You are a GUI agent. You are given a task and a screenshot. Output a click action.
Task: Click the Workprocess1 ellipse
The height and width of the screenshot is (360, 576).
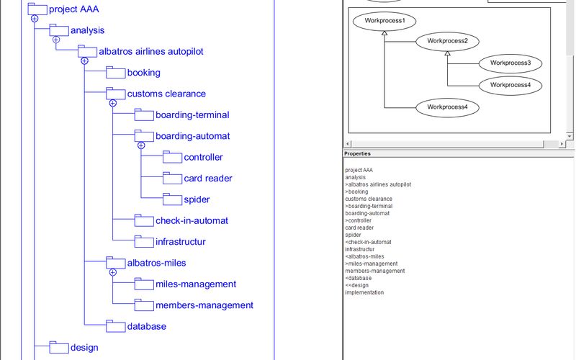tap(384, 21)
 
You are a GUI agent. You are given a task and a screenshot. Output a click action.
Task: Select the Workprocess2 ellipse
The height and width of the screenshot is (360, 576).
tap(447, 41)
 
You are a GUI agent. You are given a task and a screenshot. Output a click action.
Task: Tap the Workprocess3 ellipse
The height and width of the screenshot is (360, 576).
tap(510, 63)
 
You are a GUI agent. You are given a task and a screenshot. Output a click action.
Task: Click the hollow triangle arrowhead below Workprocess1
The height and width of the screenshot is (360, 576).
tap(384, 35)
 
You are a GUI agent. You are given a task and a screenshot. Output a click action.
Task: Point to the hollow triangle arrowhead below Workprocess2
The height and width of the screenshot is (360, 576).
tap(447, 55)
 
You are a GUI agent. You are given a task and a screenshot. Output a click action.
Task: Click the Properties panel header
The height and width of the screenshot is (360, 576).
tap(357, 153)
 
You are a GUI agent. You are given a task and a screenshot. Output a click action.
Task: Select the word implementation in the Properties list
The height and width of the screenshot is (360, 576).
tap(364, 292)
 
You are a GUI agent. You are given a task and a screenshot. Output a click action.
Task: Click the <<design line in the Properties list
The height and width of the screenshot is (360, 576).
tap(356, 285)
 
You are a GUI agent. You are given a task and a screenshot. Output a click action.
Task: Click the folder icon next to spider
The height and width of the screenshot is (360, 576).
tap(172, 199)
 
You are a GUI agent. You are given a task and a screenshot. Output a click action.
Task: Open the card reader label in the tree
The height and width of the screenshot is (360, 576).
tap(208, 179)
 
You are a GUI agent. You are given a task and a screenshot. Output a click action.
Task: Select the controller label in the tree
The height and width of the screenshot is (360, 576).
tap(203, 158)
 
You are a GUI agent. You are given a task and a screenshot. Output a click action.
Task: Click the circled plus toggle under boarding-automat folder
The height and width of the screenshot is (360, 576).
tap(141, 145)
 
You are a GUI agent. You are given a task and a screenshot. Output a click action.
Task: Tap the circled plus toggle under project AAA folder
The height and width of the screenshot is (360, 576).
tap(35, 19)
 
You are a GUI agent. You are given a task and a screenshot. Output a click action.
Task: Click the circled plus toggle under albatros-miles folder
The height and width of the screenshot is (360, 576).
tap(113, 272)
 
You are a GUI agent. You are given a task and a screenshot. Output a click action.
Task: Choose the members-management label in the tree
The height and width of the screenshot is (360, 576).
tap(204, 305)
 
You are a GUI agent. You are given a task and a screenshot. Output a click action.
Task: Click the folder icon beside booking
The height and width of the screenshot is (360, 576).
tap(115, 72)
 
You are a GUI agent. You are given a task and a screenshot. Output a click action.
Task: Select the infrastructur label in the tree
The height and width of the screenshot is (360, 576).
tap(180, 242)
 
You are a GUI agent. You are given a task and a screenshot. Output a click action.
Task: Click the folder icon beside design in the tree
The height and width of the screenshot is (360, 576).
tap(58, 347)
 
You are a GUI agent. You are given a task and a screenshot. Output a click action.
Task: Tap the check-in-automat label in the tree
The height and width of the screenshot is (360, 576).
tap(192, 221)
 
